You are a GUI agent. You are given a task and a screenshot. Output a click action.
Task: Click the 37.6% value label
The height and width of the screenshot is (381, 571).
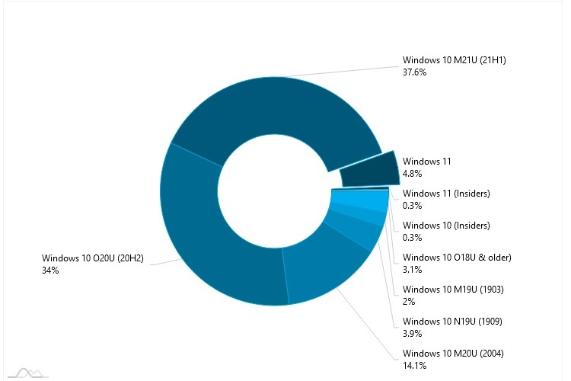(x=415, y=74)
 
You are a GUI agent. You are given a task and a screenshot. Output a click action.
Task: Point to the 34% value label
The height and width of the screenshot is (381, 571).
(x=50, y=271)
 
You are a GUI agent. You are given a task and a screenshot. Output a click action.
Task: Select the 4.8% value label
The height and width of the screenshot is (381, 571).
(x=412, y=174)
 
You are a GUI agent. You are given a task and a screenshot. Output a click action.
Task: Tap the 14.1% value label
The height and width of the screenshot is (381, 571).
(x=415, y=366)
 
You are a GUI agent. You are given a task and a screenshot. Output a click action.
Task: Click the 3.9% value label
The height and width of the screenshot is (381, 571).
(x=412, y=334)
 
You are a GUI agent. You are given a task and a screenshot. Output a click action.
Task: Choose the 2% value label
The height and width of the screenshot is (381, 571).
(x=408, y=302)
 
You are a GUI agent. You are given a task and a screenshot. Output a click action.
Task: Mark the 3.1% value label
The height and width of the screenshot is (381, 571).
(x=412, y=270)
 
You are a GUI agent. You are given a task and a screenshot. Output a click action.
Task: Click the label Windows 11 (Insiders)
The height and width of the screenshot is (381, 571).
(x=445, y=194)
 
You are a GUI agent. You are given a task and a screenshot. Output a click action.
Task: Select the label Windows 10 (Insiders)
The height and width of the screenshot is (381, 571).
(x=445, y=226)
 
